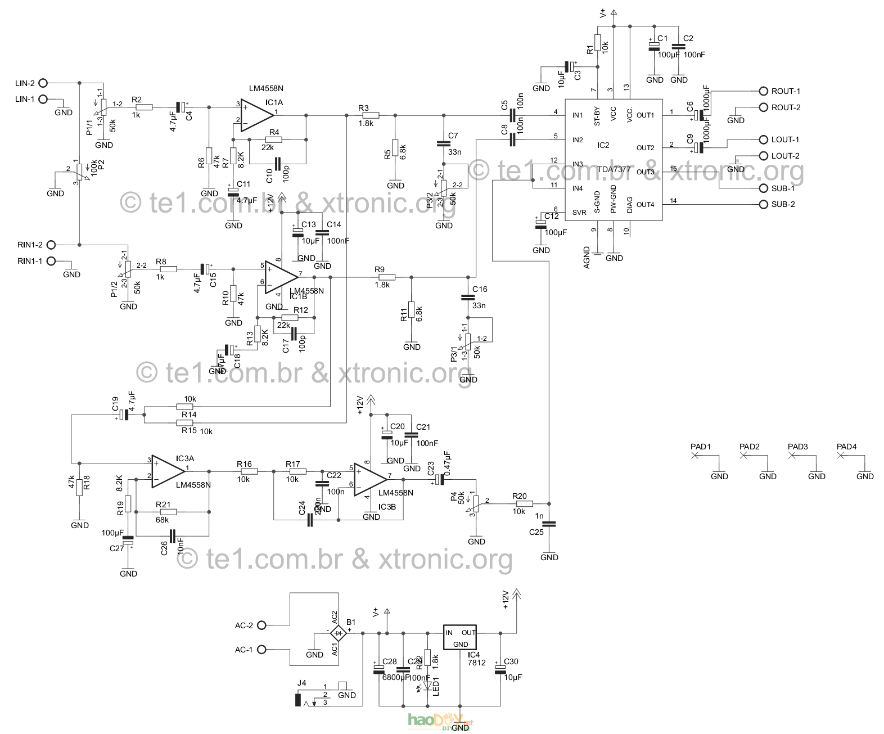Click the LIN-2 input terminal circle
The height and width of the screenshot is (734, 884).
43,83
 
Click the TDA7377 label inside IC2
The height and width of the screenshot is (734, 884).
614,169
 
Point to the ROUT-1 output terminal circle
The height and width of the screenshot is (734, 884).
763,91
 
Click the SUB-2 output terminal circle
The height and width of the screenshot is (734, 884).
763,204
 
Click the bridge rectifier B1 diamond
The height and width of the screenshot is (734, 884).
339,633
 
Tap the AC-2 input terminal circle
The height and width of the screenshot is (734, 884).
261,625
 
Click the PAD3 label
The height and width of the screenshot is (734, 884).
797,447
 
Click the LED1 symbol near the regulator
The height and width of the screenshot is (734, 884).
427,686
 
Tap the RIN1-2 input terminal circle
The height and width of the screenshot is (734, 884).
51,245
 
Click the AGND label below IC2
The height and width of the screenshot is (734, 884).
587,258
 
